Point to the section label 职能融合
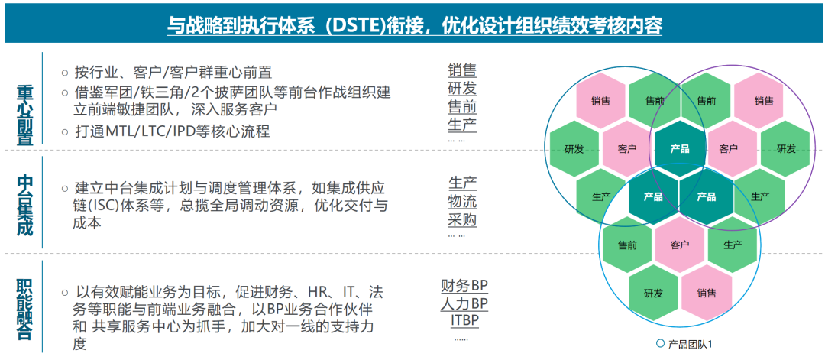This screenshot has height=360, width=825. pos(25,309)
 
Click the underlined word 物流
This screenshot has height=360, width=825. pos(462,202)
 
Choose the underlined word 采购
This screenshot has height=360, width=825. pos(462,220)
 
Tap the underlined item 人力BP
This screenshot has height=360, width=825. pos(464,303)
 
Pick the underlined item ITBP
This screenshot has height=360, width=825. pos(464,320)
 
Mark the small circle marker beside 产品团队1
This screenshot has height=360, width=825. pos(661,344)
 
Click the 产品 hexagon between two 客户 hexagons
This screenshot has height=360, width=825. pos(679,148)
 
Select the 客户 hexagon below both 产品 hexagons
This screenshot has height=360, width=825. pos(679,245)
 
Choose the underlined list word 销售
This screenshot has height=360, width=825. pos(462,71)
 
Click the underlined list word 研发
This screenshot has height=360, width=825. pos(462,89)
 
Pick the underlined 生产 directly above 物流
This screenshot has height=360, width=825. pos(462,183)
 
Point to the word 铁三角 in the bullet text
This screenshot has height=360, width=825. pos(162,92)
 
